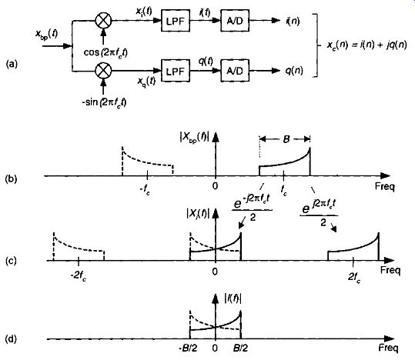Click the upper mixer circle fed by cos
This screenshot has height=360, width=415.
[103, 20]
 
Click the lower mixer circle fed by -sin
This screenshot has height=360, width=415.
[103, 71]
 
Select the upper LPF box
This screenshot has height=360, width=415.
[176, 21]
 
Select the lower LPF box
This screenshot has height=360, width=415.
[176, 71]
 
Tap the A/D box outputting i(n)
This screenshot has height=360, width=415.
[235, 21]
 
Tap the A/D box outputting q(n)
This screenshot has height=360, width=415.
[235, 71]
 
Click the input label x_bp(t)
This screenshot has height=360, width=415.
[46, 35]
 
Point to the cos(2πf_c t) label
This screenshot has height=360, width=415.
[105, 53]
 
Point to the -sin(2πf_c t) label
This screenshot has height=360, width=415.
[104, 102]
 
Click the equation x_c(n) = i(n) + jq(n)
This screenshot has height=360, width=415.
[366, 45]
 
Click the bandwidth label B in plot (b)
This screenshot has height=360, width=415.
[286, 139]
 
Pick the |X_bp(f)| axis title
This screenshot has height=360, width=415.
[195, 137]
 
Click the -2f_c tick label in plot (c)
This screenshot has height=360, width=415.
[78, 276]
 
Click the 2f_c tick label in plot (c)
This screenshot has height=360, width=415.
[354, 277]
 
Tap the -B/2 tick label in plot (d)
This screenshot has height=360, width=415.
[188, 348]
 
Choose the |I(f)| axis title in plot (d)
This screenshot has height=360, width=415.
[233, 299]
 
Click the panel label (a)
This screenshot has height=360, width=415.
[11, 64]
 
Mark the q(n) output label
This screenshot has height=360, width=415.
[294, 71]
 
